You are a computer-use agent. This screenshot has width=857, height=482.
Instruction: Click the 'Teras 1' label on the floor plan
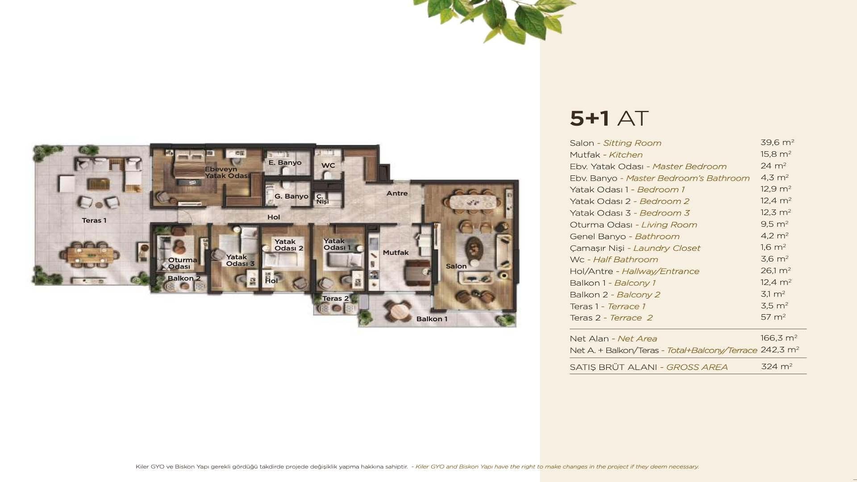[94, 220]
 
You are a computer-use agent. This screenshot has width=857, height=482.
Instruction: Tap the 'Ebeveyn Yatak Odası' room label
[227, 172]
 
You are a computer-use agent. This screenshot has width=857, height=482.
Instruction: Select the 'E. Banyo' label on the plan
[285, 162]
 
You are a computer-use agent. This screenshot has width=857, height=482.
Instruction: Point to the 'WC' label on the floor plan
[328, 166]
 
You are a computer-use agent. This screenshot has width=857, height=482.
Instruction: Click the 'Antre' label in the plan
[397, 193]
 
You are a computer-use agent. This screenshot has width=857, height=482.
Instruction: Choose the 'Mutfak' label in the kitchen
[395, 253]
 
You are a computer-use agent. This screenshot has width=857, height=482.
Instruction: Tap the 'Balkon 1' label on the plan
[432, 319]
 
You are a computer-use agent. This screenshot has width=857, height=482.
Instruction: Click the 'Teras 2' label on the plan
[335, 299]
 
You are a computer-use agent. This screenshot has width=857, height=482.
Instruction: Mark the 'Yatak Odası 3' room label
[240, 260]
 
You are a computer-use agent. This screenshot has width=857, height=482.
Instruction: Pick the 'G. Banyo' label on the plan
[291, 196]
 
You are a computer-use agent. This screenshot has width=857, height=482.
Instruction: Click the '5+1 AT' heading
[609, 118]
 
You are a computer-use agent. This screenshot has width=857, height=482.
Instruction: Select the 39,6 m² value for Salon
[777, 142]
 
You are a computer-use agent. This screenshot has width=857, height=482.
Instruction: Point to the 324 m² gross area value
[777, 366]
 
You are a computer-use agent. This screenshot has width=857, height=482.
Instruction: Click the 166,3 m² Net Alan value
[779, 338]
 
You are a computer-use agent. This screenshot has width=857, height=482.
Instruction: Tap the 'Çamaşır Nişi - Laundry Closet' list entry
[635, 248]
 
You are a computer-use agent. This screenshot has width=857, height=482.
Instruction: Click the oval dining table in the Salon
[475, 202]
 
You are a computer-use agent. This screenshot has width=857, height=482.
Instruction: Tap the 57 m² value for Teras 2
[773, 317]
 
